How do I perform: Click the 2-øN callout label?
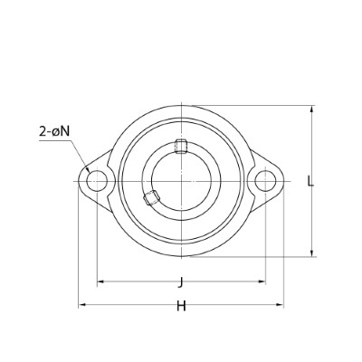[x=54, y=131]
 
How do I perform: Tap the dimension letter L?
[x=310, y=181]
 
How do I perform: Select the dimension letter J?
[x=181, y=282]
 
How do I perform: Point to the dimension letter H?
[x=181, y=306]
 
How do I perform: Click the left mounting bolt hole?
[x=97, y=181]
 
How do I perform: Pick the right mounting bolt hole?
[x=265, y=181]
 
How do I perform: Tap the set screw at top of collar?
[x=181, y=147]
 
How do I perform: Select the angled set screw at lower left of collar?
[x=151, y=197]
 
